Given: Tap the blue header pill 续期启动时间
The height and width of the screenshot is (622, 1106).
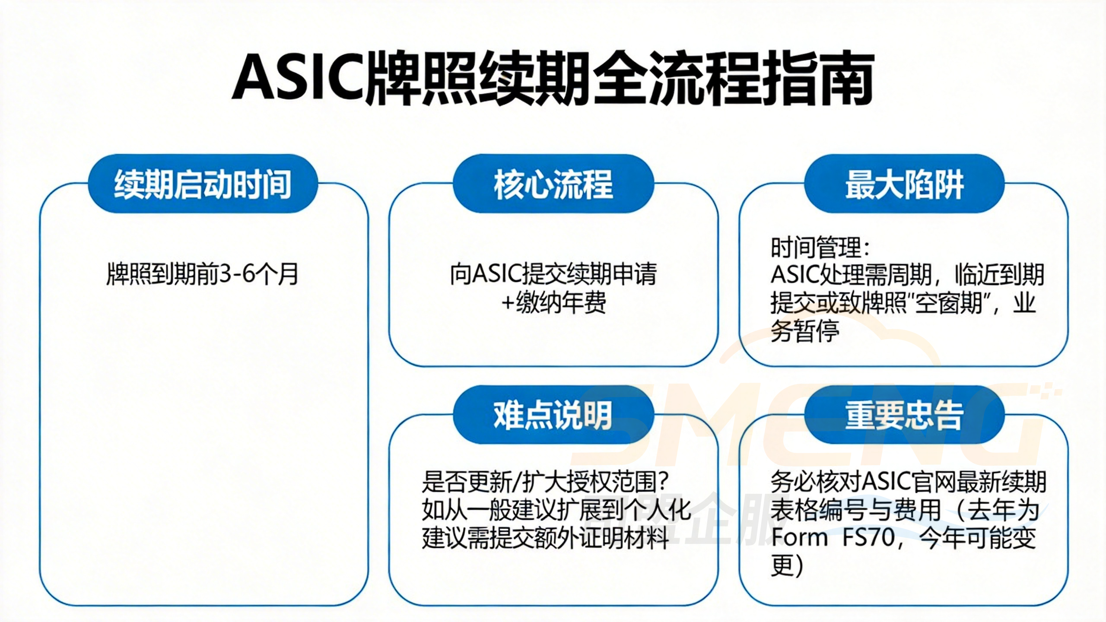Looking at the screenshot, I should tap(203, 184).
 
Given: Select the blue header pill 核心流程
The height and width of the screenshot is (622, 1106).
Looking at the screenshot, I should tap(553, 184).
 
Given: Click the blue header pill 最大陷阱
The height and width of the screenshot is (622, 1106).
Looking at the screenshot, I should tap(904, 184).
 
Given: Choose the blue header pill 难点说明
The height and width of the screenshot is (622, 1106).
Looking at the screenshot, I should tap(553, 415).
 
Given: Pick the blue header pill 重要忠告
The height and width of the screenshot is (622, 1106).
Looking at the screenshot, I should tap(904, 415).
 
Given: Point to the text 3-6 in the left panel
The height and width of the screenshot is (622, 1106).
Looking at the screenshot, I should tap(237, 274).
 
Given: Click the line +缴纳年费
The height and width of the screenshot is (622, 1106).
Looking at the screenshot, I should tap(553, 303).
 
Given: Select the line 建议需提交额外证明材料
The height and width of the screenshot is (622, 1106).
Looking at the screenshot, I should tap(546, 538).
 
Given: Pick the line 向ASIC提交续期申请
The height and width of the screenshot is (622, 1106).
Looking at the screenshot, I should tap(553, 274).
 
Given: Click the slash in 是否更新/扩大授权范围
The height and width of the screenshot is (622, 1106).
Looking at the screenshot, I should tap(517, 482).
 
